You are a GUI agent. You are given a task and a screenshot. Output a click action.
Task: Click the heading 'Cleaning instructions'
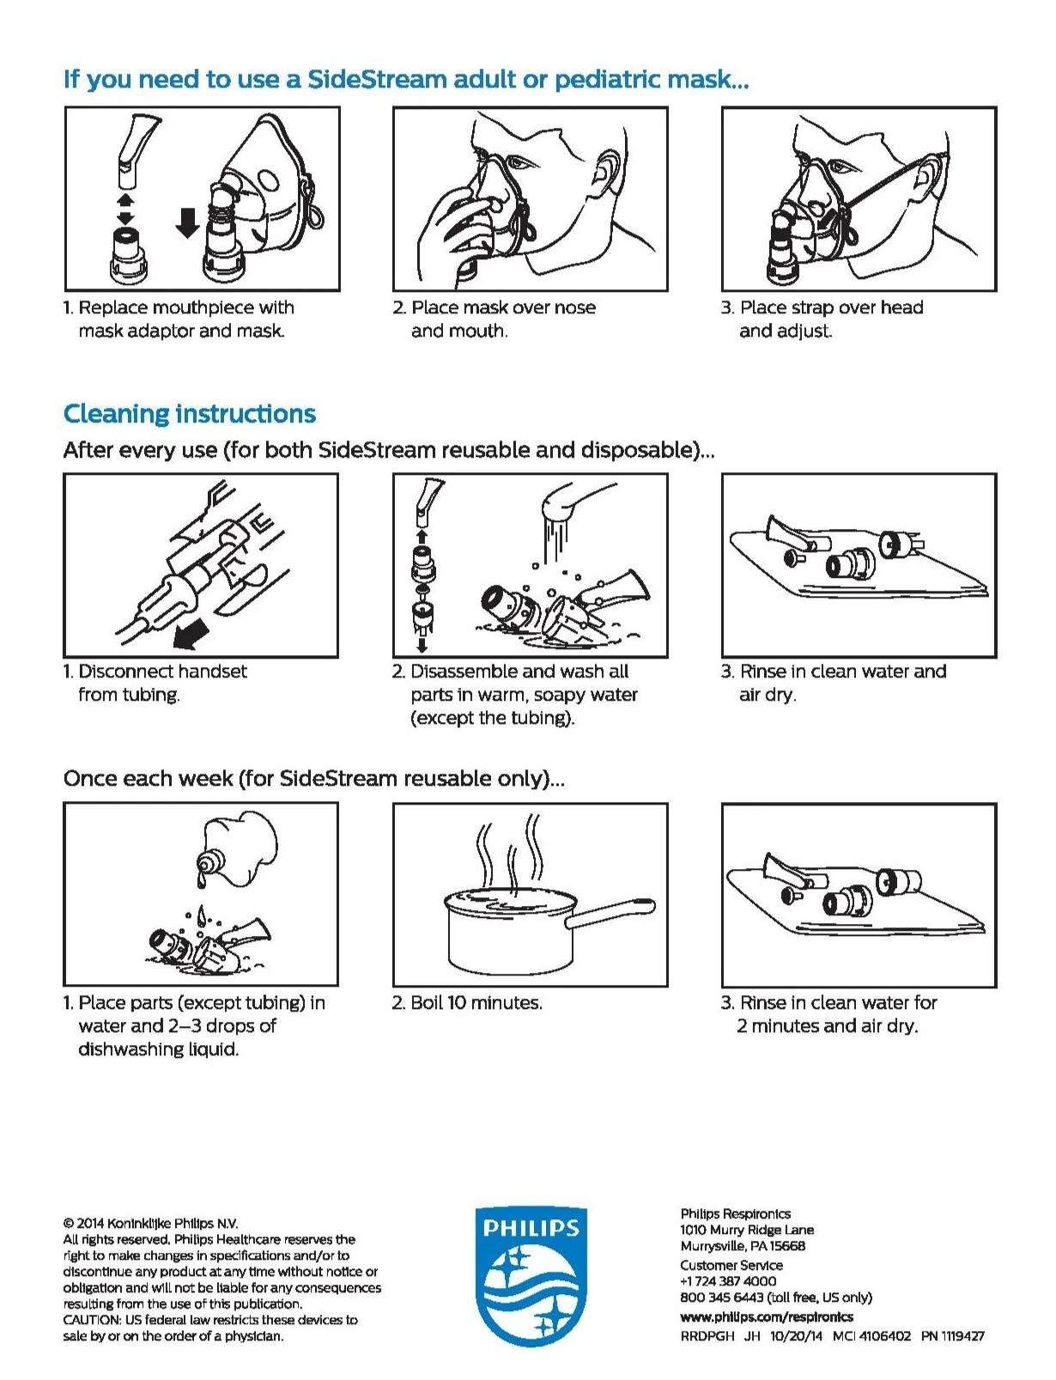(190, 414)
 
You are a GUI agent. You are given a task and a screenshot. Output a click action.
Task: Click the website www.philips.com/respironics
(767, 1316)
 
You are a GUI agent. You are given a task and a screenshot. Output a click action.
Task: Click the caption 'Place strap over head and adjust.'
(822, 319)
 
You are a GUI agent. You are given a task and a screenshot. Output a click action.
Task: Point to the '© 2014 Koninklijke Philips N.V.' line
(150, 1223)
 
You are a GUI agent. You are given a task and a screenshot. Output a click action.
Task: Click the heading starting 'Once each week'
(313, 779)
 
